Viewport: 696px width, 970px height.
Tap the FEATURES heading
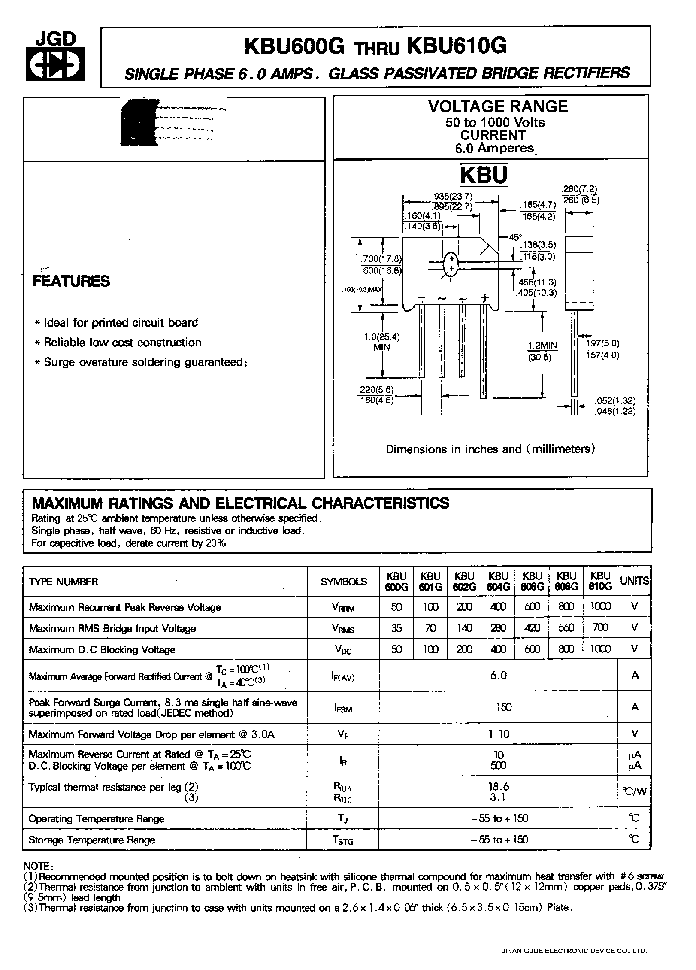tap(71, 282)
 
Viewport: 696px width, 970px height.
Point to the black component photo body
tap(139, 122)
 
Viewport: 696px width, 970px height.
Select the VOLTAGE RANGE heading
tap(498, 106)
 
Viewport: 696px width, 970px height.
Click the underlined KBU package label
tap(484, 175)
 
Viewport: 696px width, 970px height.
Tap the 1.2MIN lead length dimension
tap(542, 345)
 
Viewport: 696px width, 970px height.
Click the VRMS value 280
tap(498, 628)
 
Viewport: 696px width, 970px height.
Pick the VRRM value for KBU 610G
tap(600, 606)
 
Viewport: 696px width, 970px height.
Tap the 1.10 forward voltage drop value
tap(498, 734)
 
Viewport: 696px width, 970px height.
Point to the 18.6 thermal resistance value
tap(498, 787)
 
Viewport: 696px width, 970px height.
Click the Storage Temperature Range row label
tap(91, 840)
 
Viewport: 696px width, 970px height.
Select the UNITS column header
tap(634, 581)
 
